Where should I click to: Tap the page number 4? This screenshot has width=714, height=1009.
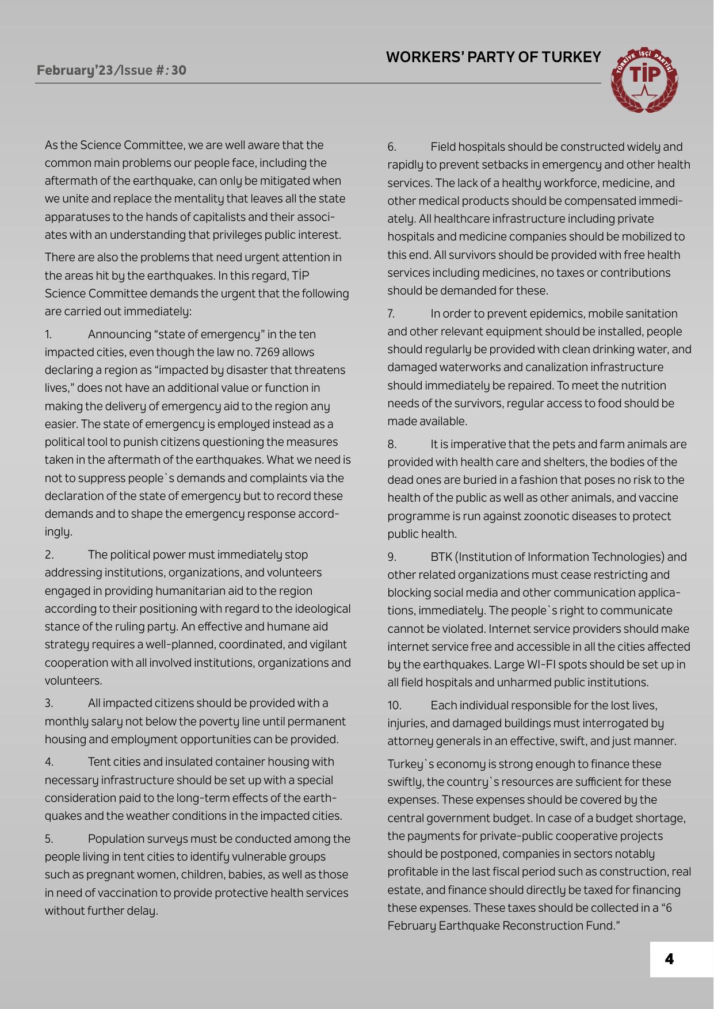click(669, 959)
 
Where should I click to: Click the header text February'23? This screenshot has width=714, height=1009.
click(75, 70)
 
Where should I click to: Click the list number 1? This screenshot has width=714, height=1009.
click(48, 334)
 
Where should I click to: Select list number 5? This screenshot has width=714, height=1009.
click(49, 839)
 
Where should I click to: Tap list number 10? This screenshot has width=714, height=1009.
click(394, 705)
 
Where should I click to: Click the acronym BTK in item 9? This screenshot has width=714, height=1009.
click(441, 557)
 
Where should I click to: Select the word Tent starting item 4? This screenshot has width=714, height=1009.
click(99, 762)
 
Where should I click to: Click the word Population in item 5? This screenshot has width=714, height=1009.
click(116, 839)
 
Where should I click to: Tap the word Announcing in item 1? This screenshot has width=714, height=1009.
click(121, 334)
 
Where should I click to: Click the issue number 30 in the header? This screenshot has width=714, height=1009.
click(178, 70)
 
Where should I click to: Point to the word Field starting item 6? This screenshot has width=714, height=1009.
click(443, 147)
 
